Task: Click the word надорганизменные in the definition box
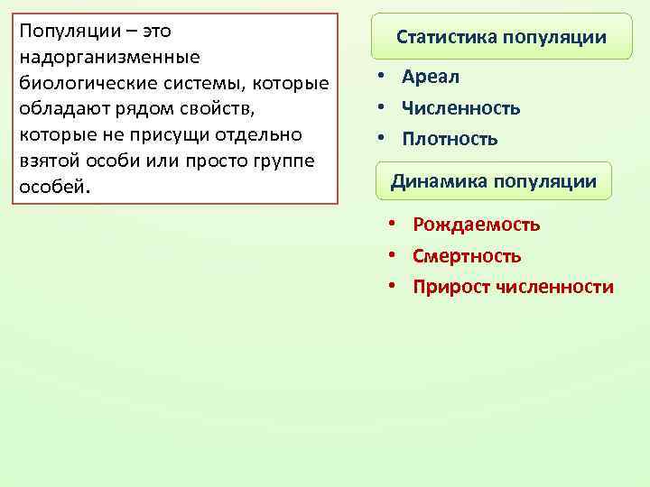click(109, 57)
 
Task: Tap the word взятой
click(47, 161)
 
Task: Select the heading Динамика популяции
click(493, 181)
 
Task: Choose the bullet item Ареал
click(431, 78)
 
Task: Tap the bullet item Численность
click(461, 108)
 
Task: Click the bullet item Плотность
click(450, 139)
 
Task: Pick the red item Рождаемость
click(476, 225)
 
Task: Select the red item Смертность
click(467, 256)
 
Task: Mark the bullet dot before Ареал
click(383, 78)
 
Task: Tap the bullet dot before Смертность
click(393, 256)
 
